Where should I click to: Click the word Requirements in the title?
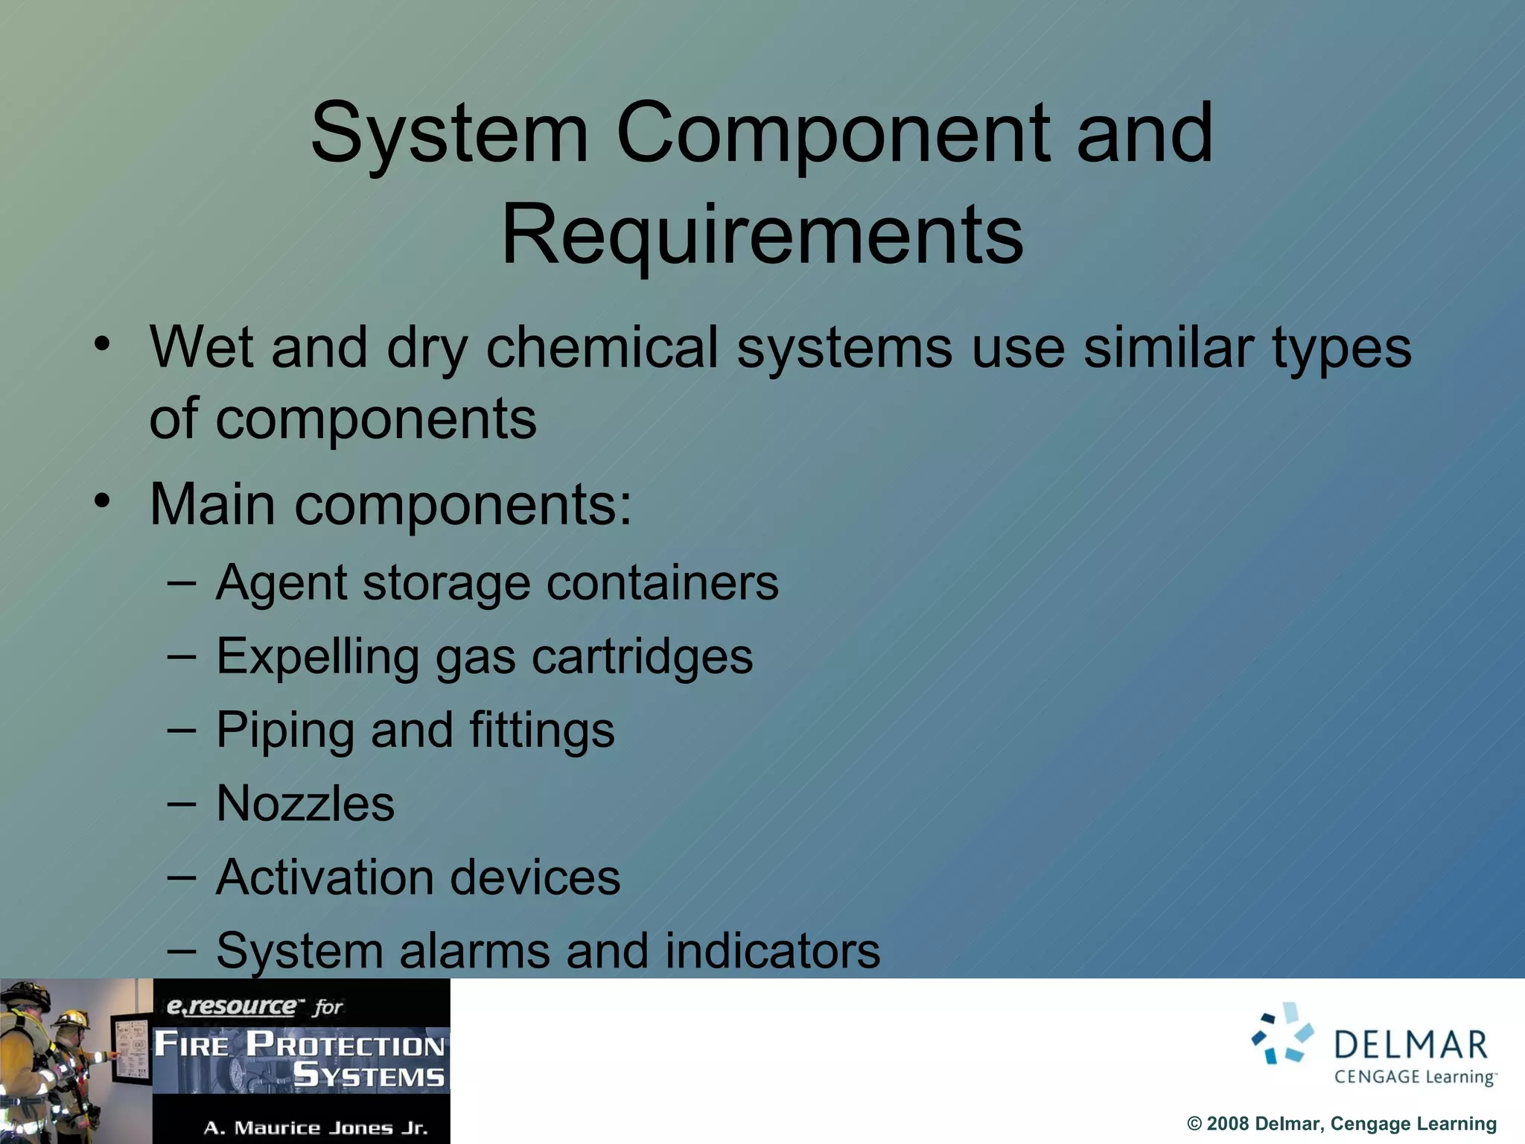point(762,235)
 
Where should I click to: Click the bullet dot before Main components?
point(102,500)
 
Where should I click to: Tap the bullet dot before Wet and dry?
point(102,344)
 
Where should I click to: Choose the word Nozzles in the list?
point(305,804)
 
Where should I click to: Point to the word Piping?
point(284,730)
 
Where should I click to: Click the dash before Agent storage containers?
point(182,582)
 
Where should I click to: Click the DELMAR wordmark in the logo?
point(1410,1046)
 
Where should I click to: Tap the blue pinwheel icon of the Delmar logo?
point(1282,1033)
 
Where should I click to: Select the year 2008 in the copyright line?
point(1228,1124)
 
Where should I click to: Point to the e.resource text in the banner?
point(231,1007)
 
